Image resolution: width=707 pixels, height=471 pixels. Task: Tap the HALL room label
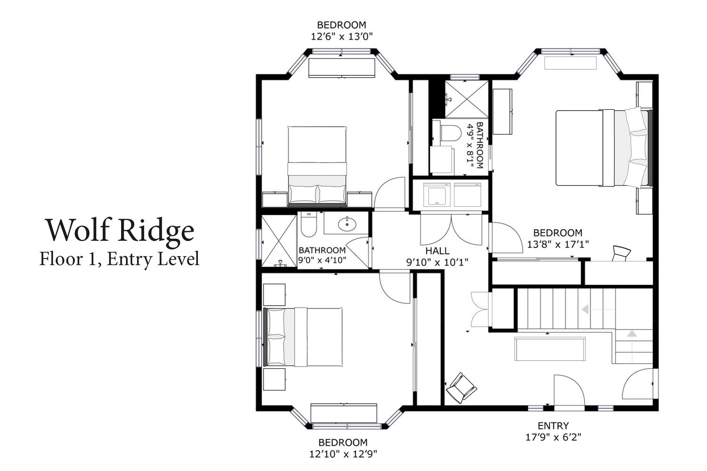click(x=437, y=251)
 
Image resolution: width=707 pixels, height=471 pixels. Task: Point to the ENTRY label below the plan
click(x=553, y=426)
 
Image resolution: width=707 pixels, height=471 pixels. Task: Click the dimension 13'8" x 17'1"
click(x=558, y=244)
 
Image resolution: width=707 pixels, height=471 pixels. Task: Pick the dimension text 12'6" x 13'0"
click(x=342, y=37)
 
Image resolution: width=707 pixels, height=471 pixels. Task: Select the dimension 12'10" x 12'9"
click(x=343, y=454)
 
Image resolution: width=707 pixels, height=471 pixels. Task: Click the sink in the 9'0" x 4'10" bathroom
click(x=347, y=224)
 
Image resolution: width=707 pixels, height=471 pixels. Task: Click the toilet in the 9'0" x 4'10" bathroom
click(x=309, y=225)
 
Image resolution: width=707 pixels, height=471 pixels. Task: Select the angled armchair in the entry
click(x=461, y=388)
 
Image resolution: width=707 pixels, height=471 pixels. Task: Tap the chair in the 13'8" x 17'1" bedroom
click(x=621, y=253)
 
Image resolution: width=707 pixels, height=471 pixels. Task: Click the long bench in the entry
click(x=550, y=349)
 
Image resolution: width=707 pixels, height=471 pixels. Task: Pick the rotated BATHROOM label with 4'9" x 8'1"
click(x=475, y=146)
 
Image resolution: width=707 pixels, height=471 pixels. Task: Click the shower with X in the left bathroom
click(x=280, y=241)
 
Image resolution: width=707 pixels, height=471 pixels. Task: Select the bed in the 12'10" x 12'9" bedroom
click(x=303, y=337)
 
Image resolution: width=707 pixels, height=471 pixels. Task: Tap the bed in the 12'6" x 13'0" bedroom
click(x=317, y=167)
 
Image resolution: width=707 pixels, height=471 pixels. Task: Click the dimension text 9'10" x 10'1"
click(x=437, y=262)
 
